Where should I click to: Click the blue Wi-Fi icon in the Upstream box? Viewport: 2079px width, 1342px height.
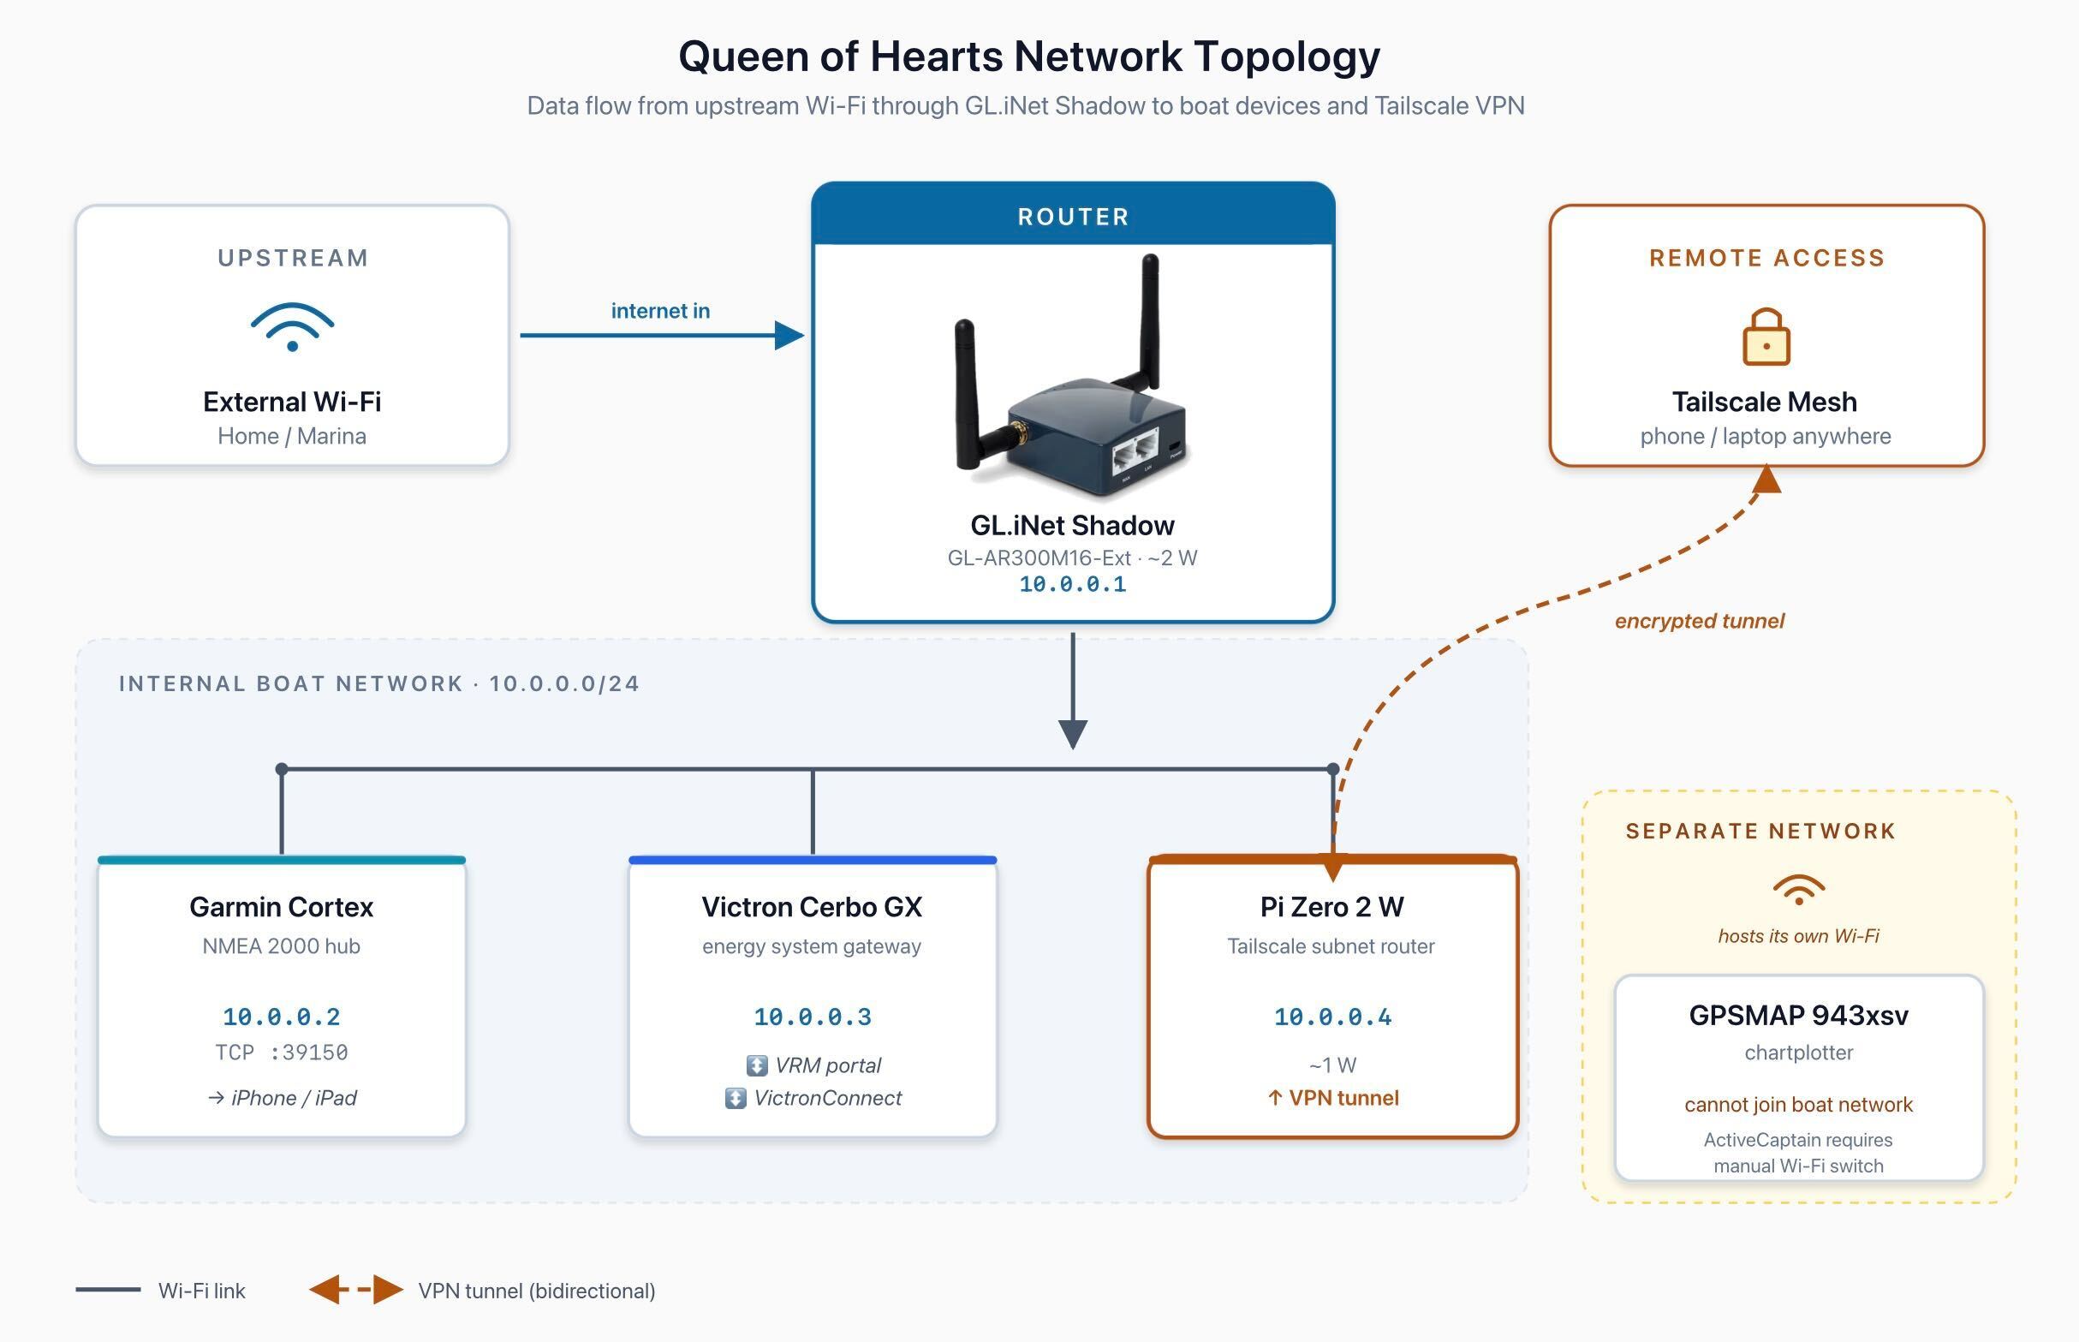click(x=292, y=327)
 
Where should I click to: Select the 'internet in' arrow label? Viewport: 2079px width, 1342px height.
click(x=659, y=311)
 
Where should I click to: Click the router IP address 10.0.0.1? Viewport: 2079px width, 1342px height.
click(x=1072, y=584)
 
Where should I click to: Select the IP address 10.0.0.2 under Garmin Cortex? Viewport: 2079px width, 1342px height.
click(x=281, y=1016)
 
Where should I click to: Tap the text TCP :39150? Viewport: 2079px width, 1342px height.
click(x=281, y=1052)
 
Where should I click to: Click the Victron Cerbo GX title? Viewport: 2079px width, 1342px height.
click(x=811, y=906)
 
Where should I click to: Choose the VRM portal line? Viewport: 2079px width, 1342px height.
click(x=813, y=1065)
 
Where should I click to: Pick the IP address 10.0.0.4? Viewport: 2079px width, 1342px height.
click(x=1332, y=1016)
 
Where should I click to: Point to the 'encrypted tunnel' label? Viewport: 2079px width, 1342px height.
click(x=1698, y=620)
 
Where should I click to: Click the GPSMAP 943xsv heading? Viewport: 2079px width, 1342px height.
click(x=1797, y=1014)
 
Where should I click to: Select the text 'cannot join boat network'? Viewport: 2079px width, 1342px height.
click(x=1797, y=1104)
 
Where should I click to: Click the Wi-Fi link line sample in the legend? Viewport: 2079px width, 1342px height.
click(x=108, y=1290)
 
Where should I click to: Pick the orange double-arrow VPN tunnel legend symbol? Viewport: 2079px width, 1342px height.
click(x=355, y=1290)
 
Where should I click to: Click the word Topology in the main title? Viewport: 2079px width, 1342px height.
click(x=1286, y=56)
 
